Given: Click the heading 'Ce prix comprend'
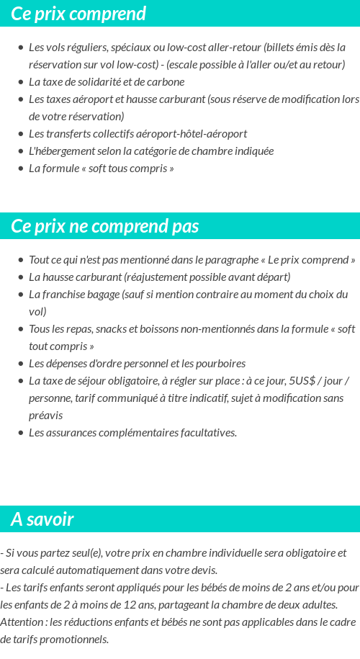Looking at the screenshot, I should coord(78,14).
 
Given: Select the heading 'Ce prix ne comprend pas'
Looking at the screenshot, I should coord(104,226).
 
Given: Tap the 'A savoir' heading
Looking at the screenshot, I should coord(42,519).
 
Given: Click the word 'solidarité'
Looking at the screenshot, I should coord(100,82).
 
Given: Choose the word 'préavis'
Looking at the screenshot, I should coord(45,416).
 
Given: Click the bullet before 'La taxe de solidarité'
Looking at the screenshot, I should coord(21,83).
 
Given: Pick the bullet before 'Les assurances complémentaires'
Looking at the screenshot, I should coord(21,434).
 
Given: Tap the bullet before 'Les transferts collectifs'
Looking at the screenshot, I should coord(21,135).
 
